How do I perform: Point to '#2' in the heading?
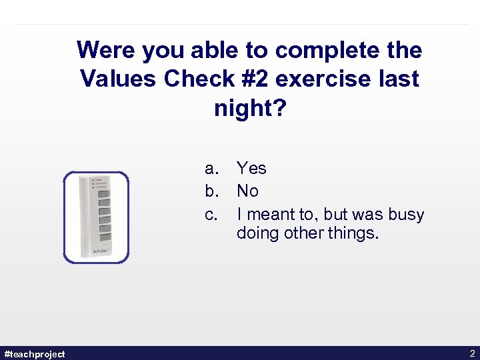click(x=253, y=79)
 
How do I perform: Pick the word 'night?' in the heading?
click(x=249, y=107)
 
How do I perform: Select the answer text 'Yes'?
click(x=251, y=169)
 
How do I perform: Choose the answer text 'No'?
click(x=247, y=191)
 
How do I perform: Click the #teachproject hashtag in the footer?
click(x=35, y=354)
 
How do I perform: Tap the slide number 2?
click(x=472, y=353)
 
